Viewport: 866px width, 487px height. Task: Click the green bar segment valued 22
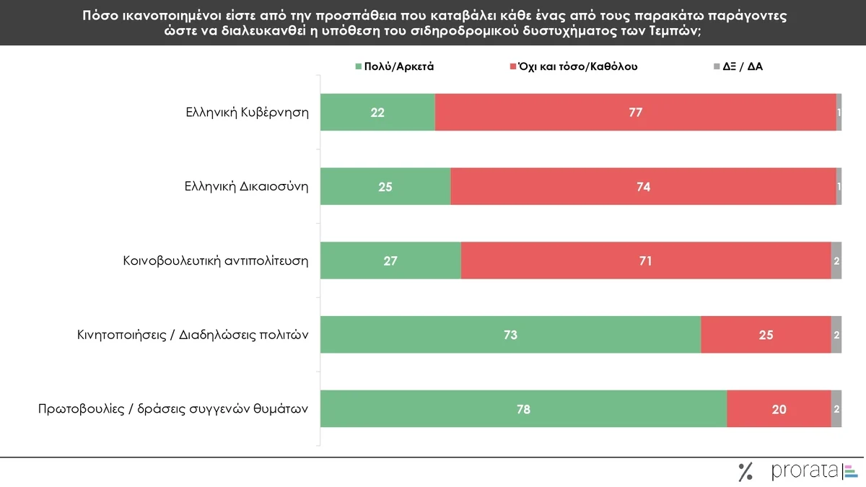click(x=377, y=112)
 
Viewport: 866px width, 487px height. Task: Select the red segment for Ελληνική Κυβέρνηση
click(x=635, y=112)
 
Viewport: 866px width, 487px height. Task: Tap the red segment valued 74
click(x=643, y=186)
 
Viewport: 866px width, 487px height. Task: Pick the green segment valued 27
click(x=390, y=260)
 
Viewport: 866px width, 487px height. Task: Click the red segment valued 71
click(x=645, y=260)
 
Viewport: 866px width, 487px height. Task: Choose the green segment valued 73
click(x=510, y=335)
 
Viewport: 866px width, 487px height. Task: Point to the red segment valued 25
click(x=766, y=335)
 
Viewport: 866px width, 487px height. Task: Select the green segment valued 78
click(x=523, y=409)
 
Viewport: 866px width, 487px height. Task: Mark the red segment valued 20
click(x=779, y=409)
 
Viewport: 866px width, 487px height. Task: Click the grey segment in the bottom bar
click(x=836, y=409)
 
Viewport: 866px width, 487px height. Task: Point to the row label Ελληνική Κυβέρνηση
click(x=246, y=113)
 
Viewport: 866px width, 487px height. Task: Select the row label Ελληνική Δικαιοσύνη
click(x=246, y=187)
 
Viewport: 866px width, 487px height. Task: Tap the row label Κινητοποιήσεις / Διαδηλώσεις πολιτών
click(x=193, y=335)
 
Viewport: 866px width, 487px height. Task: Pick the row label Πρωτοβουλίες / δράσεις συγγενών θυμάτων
click(x=173, y=410)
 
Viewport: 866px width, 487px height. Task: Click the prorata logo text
click(x=805, y=471)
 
